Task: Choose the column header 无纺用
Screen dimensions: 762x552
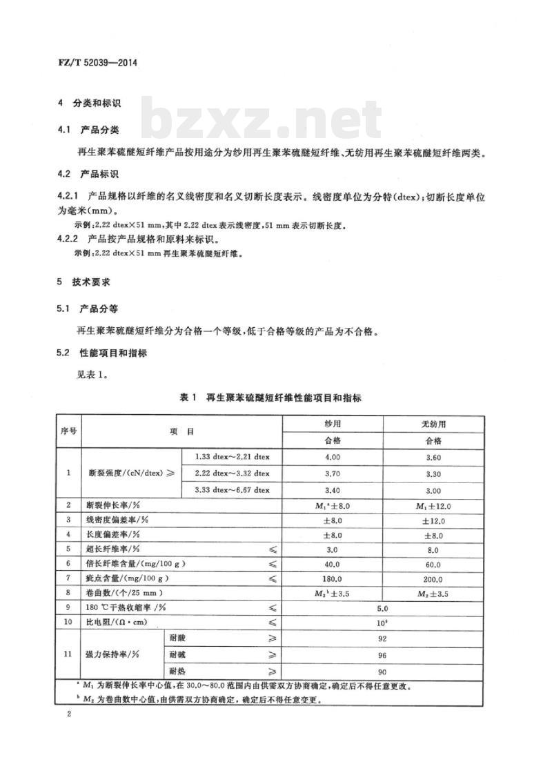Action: click(433, 424)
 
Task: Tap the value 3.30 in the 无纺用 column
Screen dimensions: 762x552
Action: click(433, 473)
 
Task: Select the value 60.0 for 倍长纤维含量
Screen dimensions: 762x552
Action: click(433, 563)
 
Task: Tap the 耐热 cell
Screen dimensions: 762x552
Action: click(175, 671)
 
